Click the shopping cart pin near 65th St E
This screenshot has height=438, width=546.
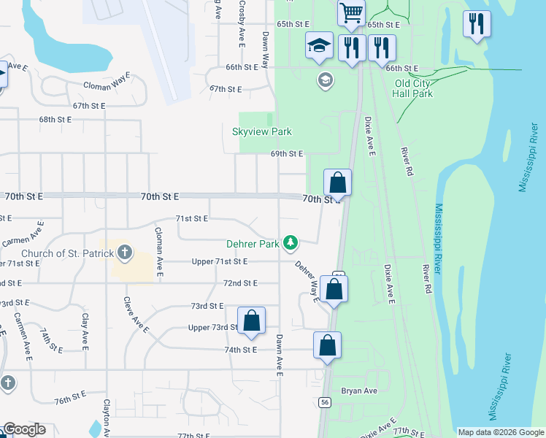pos(352,13)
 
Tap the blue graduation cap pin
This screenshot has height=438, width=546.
pos(320,46)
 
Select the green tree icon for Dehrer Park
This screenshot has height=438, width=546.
pos(291,241)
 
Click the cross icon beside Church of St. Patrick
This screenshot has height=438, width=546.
pos(125,253)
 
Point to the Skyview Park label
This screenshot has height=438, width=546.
pos(261,131)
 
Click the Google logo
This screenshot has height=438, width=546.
pos(23,429)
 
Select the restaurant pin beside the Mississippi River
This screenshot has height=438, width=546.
pos(477,24)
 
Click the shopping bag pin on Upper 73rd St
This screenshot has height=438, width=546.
pos(251,321)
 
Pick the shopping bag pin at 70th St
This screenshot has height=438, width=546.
pos(338,182)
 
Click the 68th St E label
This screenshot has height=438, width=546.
pos(55,119)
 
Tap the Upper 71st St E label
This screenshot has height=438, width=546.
pos(220,261)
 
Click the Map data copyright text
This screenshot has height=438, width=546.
pos(500,432)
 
